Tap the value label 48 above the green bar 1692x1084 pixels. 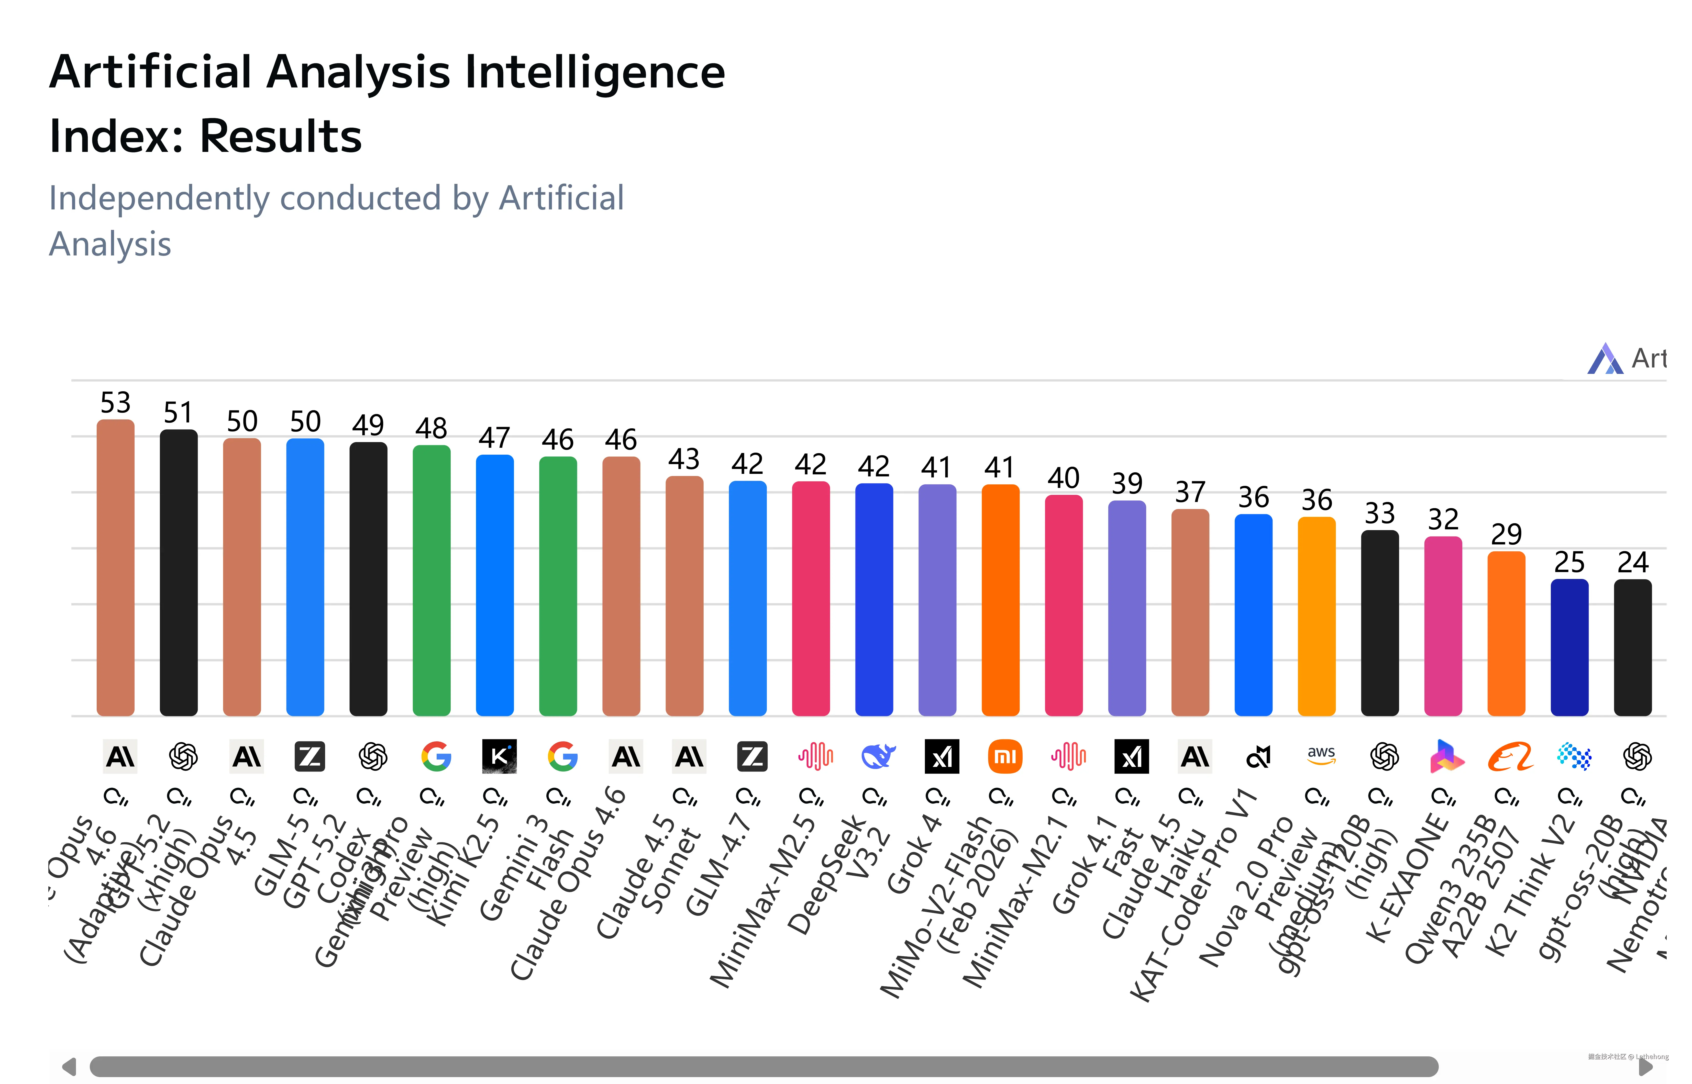tap(431, 428)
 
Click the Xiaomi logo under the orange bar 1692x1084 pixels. tap(1005, 757)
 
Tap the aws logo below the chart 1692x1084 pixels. tap(1321, 755)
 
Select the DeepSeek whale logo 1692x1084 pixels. tap(878, 757)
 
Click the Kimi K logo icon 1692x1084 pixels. tap(499, 757)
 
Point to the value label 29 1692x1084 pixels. tap(1506, 534)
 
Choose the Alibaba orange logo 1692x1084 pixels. tap(1510, 757)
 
